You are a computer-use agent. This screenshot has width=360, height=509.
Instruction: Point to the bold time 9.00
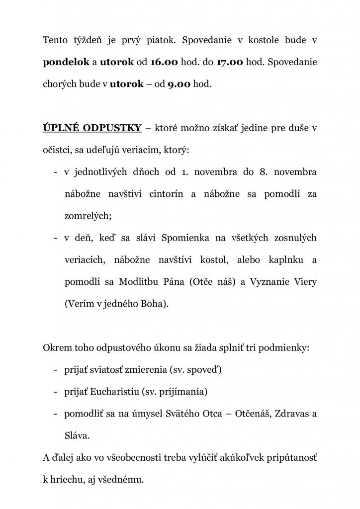179,84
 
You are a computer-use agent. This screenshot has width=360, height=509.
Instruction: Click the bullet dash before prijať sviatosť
55,370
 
